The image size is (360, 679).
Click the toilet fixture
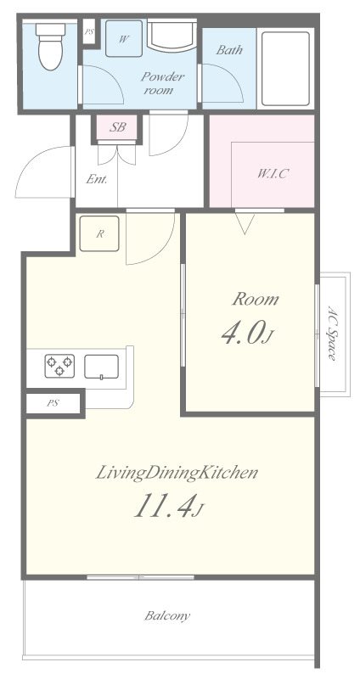50,47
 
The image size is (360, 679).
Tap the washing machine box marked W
124,38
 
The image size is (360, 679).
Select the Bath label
229,50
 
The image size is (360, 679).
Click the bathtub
285,69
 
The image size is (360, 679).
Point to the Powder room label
160,83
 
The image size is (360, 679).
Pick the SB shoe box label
117,127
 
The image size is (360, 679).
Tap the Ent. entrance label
97,179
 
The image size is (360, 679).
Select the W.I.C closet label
273,174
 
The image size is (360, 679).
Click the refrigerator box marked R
99,233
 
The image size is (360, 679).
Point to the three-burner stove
59,366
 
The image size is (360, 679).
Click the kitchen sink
101,367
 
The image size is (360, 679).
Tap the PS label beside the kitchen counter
53,403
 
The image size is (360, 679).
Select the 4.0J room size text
247,334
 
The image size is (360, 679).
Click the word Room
256,300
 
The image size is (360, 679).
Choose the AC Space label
332,334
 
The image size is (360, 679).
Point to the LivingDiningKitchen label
177,473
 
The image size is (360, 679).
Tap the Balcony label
167,615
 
